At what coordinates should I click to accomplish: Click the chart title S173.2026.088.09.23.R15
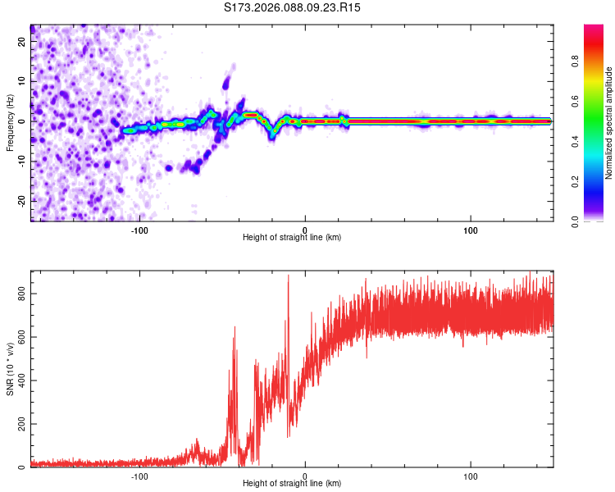pyautogui.click(x=293, y=7)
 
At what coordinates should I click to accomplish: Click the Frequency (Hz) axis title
pyautogui.click(x=10, y=121)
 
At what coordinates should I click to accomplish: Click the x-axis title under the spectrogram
pyautogui.click(x=292, y=238)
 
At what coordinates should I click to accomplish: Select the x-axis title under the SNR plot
pyautogui.click(x=292, y=485)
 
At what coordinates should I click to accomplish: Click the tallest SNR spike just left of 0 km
pyautogui.click(x=288, y=276)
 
